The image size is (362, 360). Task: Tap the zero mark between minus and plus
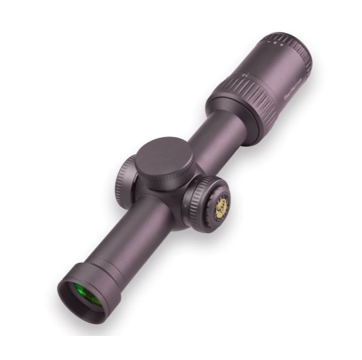point(274,44)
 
